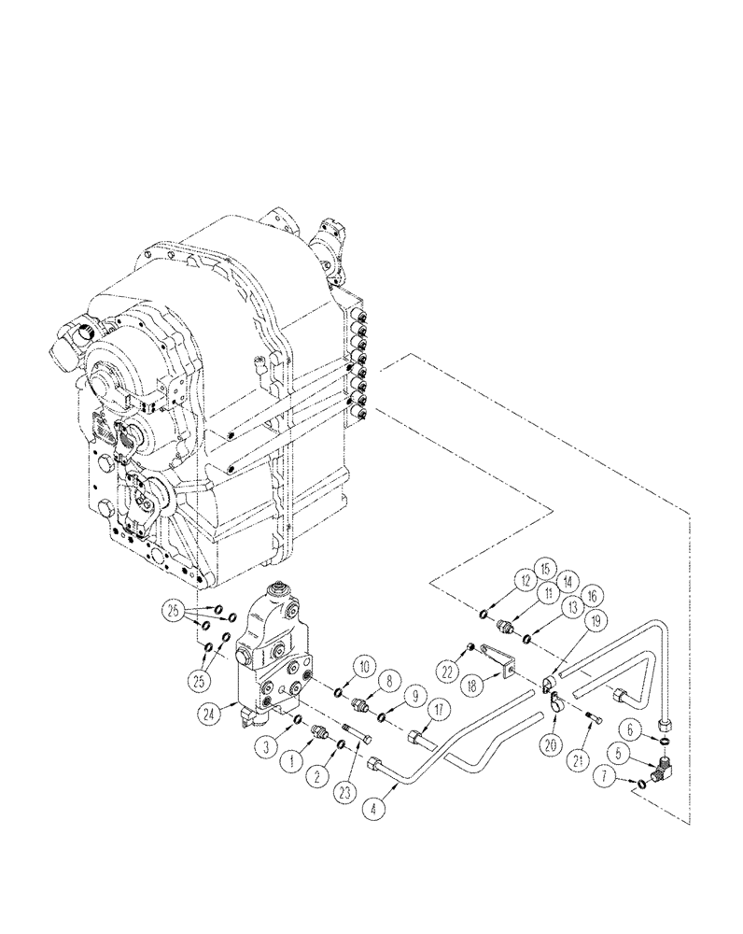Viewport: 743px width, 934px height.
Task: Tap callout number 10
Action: [x=364, y=667]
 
